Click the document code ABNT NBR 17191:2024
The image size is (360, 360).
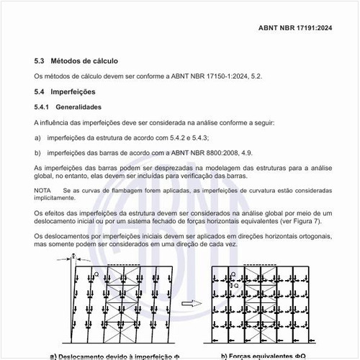(x=295, y=28)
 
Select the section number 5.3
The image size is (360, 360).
(x=39, y=61)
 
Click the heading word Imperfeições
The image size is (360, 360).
(x=73, y=92)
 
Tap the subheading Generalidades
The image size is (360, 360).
(x=78, y=107)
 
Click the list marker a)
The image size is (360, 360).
(x=37, y=138)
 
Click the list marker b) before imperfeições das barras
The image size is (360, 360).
(x=37, y=153)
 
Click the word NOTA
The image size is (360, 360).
(x=42, y=191)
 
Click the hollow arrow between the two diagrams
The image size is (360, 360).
(x=192, y=304)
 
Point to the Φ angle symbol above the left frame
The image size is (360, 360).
(x=73, y=256)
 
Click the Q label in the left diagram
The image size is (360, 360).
(x=96, y=274)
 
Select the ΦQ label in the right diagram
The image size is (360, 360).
(x=234, y=286)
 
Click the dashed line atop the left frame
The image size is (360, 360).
(x=124, y=265)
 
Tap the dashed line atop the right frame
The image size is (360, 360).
(x=260, y=265)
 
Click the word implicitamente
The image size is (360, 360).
(x=55, y=198)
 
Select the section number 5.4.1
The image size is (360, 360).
(x=41, y=107)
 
